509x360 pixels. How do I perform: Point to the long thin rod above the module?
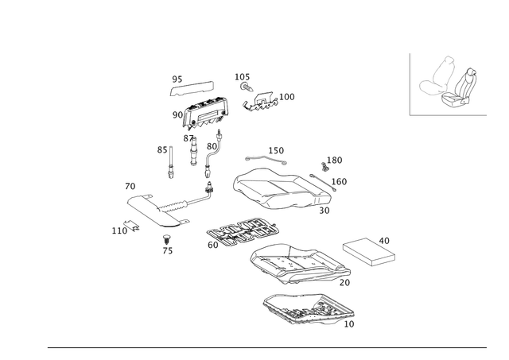tap(192, 84)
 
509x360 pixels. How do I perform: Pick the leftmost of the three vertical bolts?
tap(169, 163)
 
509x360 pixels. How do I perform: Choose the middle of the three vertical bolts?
tap(192, 153)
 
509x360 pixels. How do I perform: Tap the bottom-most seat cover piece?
tap(306, 310)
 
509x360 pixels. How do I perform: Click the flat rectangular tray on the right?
tap(365, 250)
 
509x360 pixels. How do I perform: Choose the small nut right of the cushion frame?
tap(325, 165)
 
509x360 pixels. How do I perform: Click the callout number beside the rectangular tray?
tap(387, 238)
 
